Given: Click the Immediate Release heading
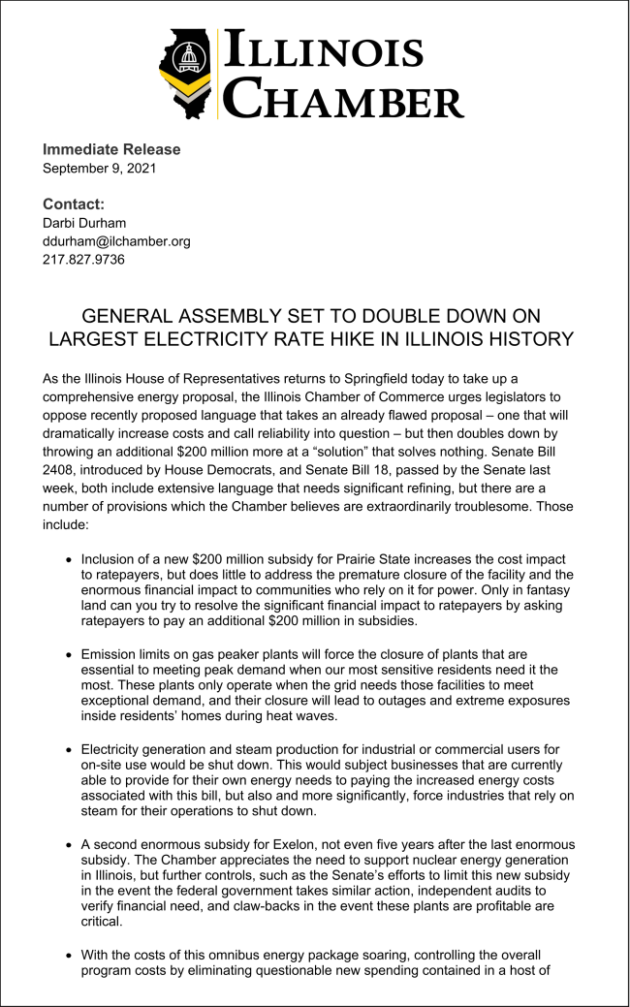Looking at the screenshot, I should point(111,149).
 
